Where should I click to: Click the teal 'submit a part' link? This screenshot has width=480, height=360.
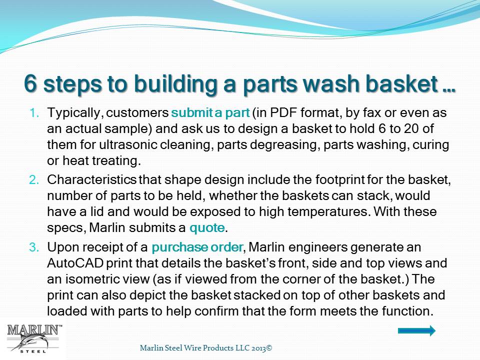(x=210, y=112)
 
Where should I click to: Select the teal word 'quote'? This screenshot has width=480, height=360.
(x=207, y=228)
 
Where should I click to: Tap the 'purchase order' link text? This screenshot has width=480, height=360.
(x=197, y=247)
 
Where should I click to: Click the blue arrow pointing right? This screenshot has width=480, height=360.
(x=416, y=330)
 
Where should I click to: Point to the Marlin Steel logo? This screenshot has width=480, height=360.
(x=33, y=339)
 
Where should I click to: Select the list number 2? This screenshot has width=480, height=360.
(x=34, y=179)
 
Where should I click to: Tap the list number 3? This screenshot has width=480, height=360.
(x=34, y=247)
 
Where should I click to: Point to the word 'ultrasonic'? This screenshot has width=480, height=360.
(x=128, y=144)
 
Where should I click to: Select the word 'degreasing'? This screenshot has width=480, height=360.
(x=283, y=145)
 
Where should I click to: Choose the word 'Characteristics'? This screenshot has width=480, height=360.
(x=91, y=179)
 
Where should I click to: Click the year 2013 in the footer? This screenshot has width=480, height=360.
(x=258, y=348)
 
